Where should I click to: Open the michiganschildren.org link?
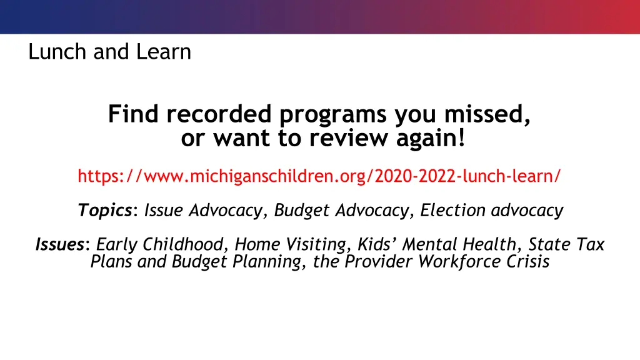click(319, 176)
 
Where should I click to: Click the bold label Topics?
click(104, 211)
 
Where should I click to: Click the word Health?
click(484, 244)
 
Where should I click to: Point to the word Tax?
click(590, 244)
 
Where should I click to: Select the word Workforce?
click(458, 261)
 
